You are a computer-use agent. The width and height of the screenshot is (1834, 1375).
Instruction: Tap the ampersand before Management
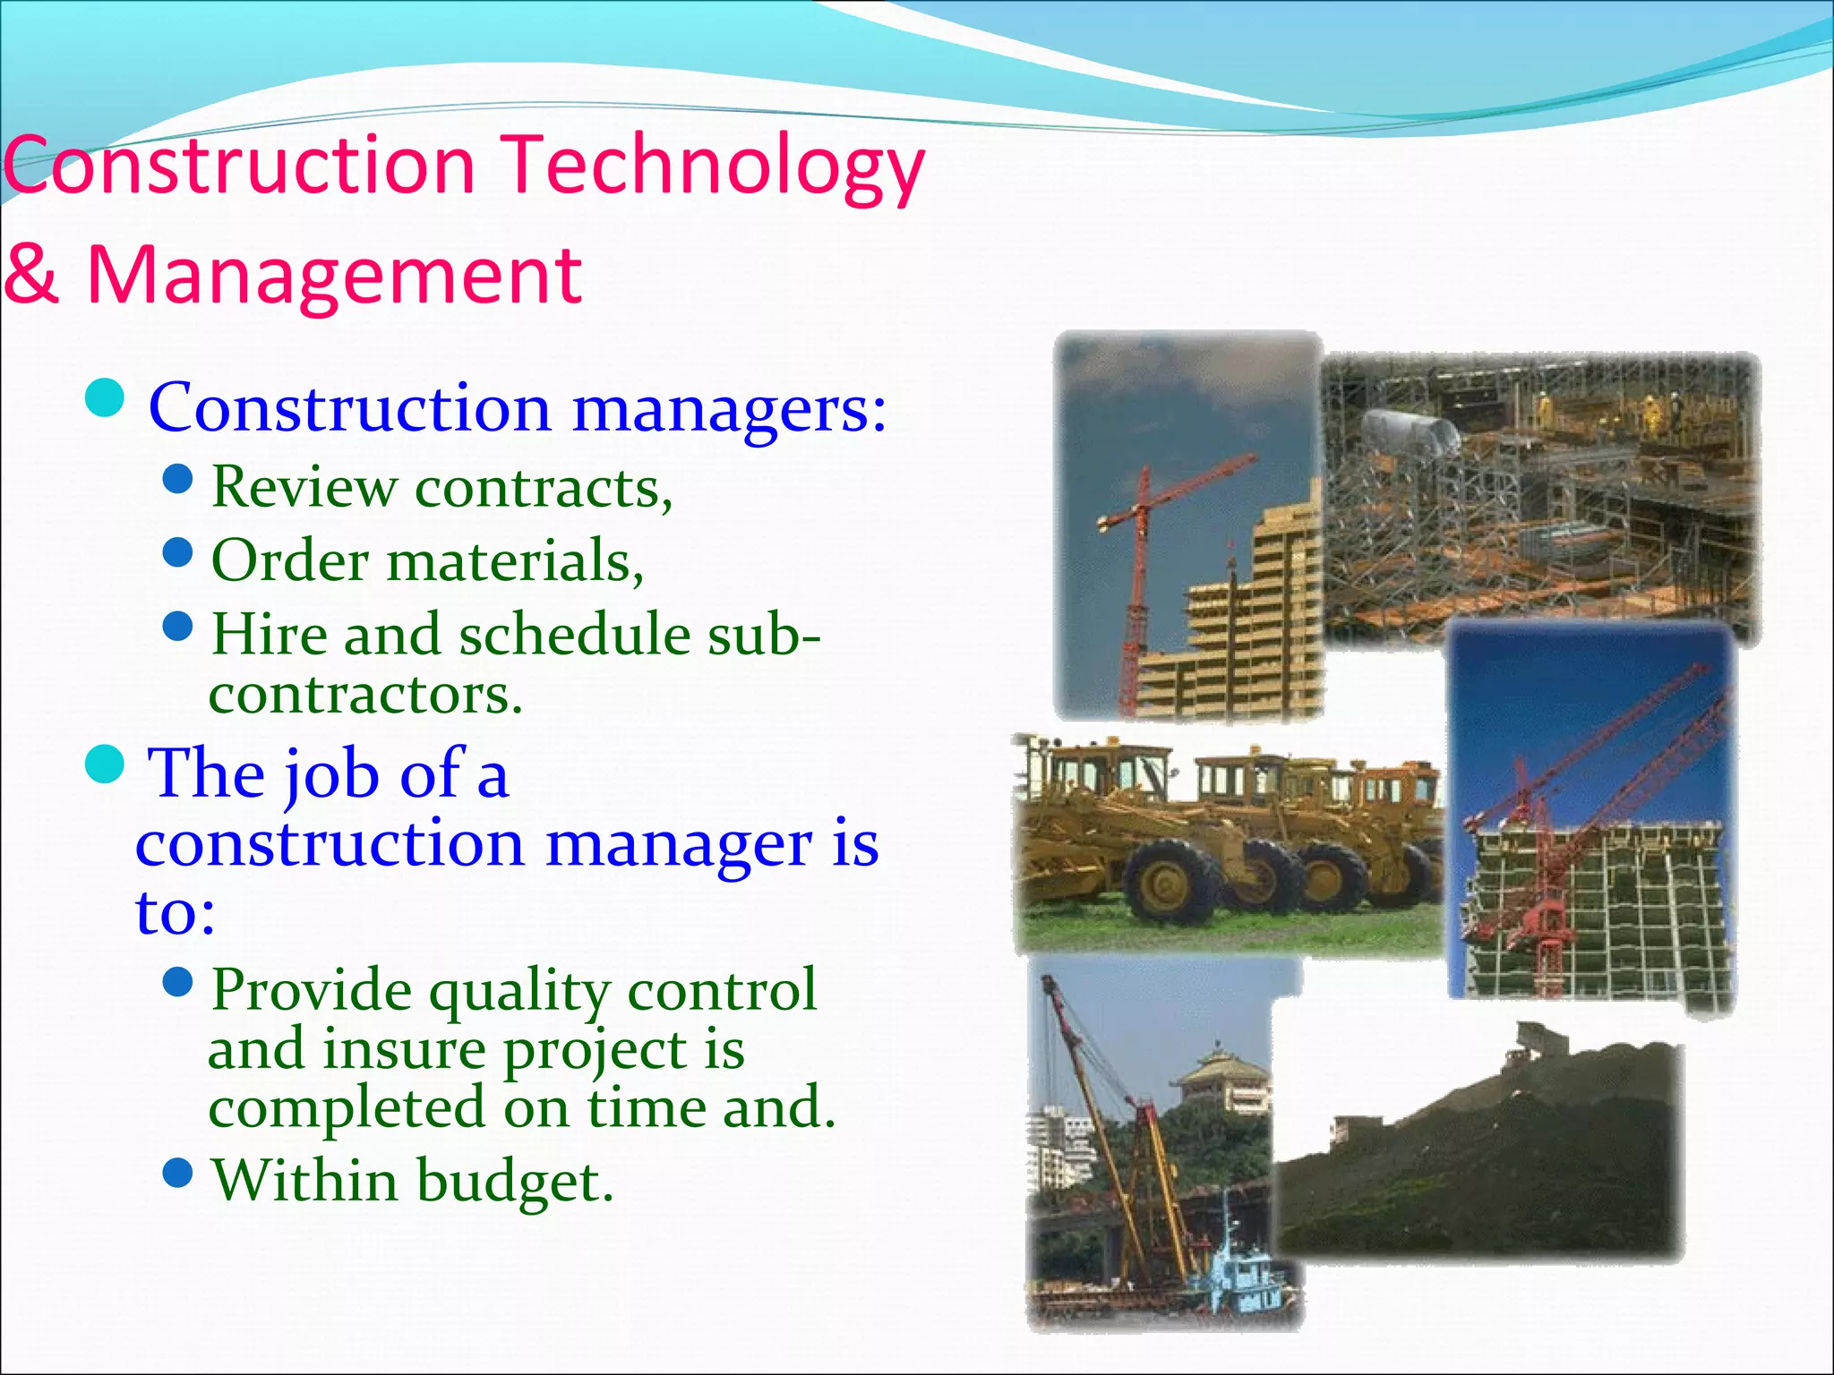tap(31, 275)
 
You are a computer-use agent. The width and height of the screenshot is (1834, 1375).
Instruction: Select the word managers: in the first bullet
tap(729, 408)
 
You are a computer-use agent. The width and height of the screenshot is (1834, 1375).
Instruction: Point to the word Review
tap(304, 488)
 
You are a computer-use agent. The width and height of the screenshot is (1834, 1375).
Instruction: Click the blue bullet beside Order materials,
tap(179, 552)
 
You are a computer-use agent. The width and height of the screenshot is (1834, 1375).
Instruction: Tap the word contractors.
tap(365, 695)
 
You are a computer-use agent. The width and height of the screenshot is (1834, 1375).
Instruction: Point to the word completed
tap(347, 1108)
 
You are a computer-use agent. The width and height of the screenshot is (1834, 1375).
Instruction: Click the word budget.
tap(515, 1182)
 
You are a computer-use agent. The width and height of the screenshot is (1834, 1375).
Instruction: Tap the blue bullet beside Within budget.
tap(179, 1172)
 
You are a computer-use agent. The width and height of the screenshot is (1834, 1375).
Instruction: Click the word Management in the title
tap(334, 275)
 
